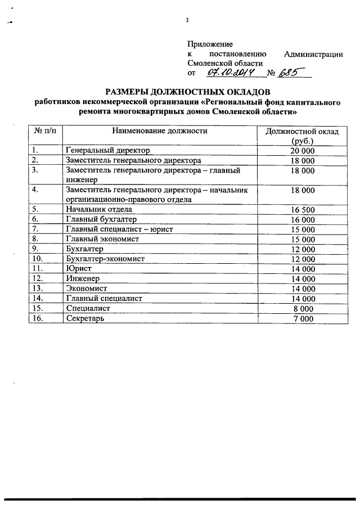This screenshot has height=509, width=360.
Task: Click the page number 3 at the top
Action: (187, 21)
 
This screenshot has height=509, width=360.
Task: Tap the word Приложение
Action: (209, 44)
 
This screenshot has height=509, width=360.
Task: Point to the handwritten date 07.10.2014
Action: (231, 73)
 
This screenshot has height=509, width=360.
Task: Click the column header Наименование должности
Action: (159, 131)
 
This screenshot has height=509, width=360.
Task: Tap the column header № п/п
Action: (46, 131)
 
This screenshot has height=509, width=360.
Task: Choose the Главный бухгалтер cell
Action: (101, 219)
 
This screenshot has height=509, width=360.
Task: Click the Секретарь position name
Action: (85, 318)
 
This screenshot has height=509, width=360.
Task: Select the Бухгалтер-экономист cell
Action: (106, 259)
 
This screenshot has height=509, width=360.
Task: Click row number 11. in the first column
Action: (38, 268)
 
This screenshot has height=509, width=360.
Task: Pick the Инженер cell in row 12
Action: (83, 278)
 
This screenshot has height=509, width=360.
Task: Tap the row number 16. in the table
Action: (38, 318)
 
